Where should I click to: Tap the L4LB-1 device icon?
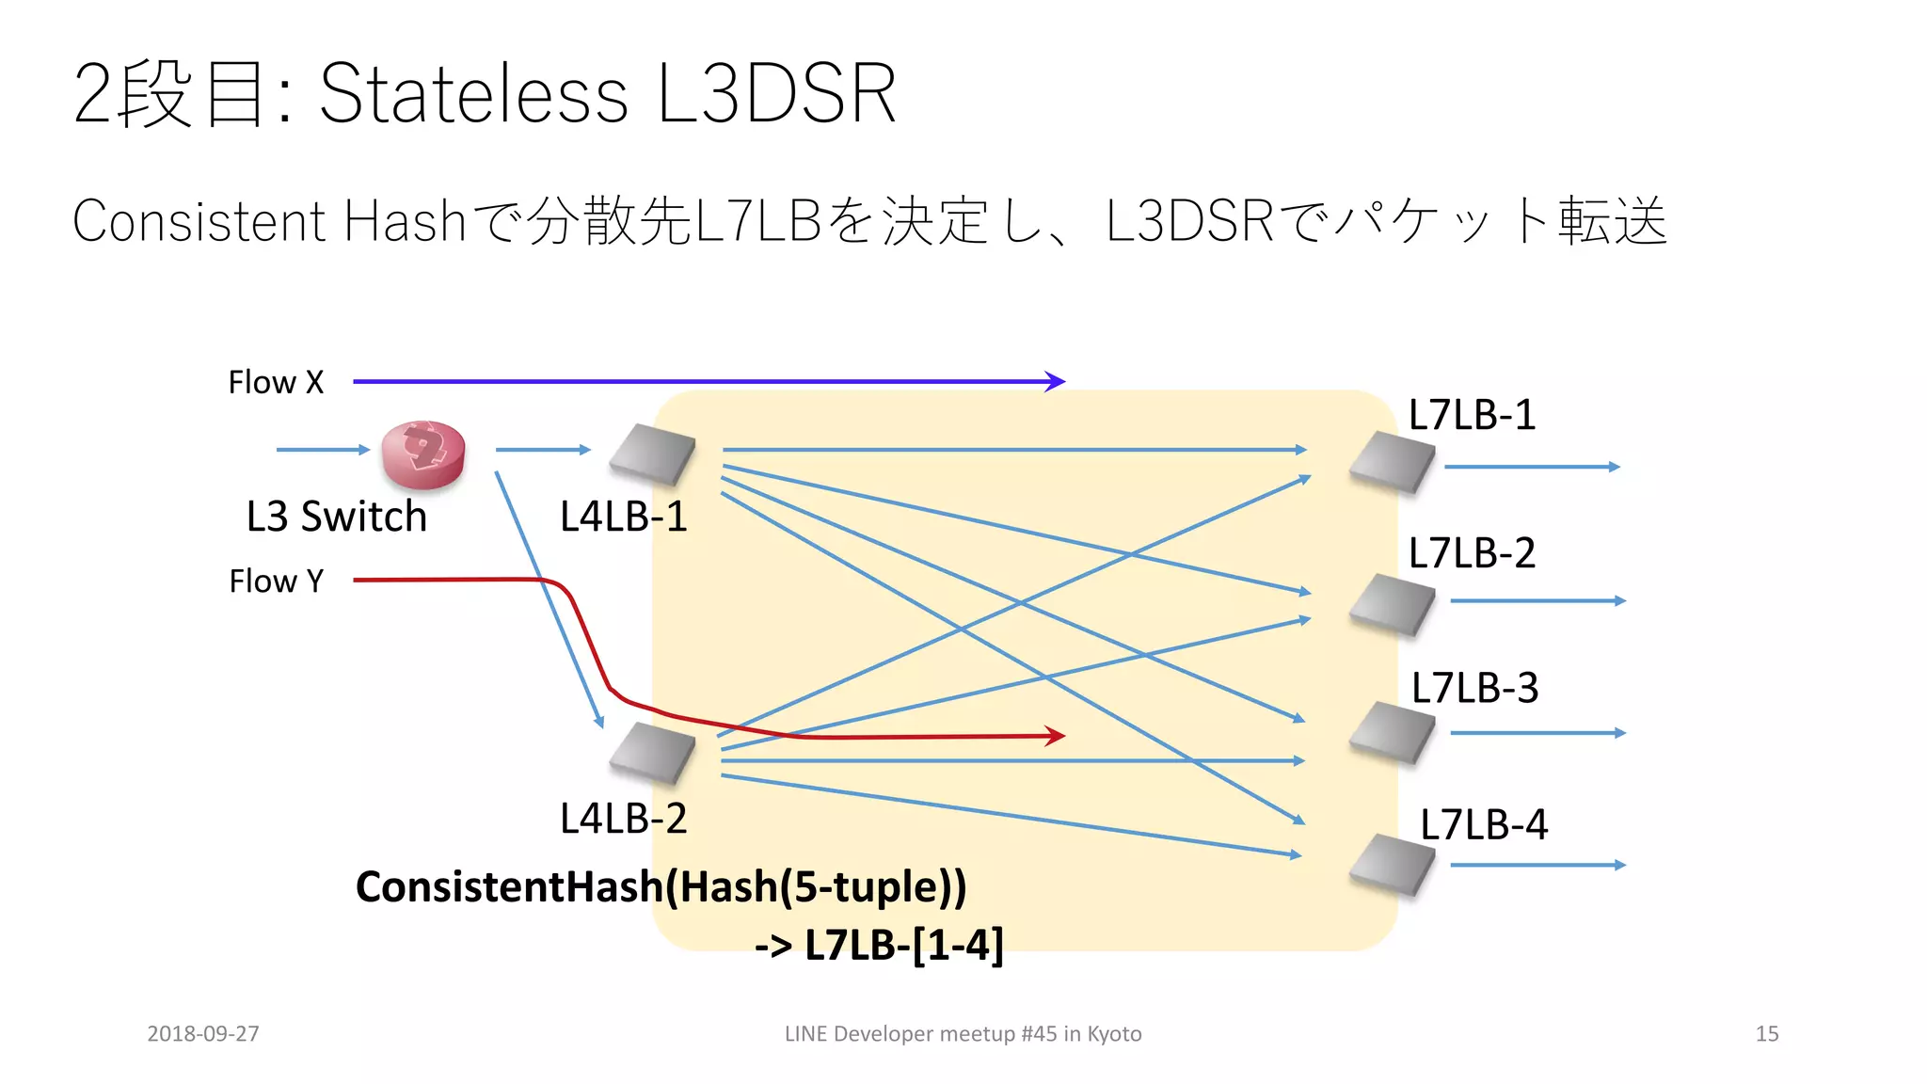click(652, 454)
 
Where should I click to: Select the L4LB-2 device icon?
click(652, 752)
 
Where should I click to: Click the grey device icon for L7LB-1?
click(1392, 462)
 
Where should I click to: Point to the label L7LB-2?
click(1472, 553)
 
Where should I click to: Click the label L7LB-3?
click(1474, 688)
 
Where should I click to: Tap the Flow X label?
click(276, 382)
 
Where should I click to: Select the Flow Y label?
click(276, 581)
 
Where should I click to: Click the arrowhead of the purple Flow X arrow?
click(1057, 381)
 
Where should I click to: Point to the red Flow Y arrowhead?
click(1057, 736)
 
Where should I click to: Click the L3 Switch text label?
click(336, 517)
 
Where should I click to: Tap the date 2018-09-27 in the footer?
click(203, 1033)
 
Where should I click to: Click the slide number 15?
click(1767, 1033)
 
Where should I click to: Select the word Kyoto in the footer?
click(1114, 1033)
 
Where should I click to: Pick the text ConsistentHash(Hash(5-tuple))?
click(661, 886)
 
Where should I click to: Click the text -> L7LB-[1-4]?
click(879, 944)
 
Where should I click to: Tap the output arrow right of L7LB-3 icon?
click(1537, 732)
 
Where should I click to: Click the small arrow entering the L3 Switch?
click(323, 450)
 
